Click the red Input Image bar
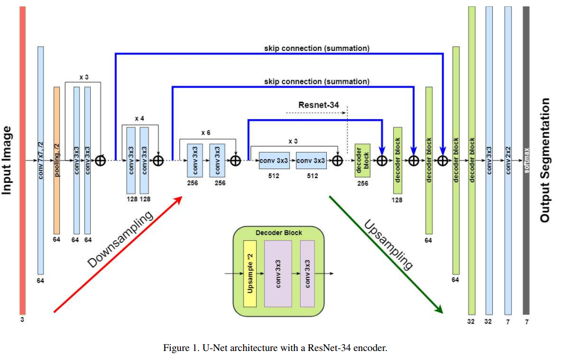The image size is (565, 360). tap(22, 159)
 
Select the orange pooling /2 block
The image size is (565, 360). tap(57, 159)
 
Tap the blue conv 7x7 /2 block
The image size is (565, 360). tap(40, 159)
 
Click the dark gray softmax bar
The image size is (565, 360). tap(526, 159)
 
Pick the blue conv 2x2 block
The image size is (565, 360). tap(508, 159)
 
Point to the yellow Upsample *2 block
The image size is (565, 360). tap(250, 274)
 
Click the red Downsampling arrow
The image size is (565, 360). tap(117, 254)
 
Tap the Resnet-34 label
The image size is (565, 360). tap(319, 105)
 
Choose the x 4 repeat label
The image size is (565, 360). tap(140, 118)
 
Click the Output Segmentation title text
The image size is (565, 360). tap(545, 159)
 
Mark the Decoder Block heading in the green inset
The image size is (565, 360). tap(279, 232)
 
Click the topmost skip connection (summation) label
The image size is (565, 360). tap(317, 48)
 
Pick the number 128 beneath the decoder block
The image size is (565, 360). tap(397, 200)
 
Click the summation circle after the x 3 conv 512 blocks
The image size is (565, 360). tap(337, 160)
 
